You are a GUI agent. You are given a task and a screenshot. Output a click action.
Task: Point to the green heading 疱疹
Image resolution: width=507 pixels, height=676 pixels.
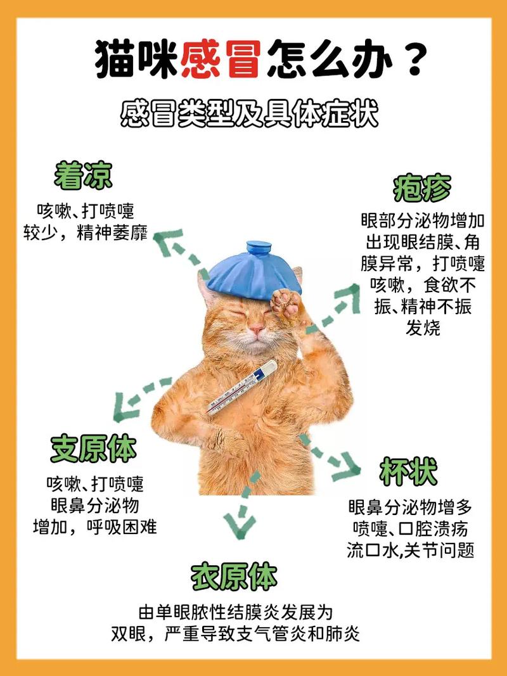[x=421, y=188]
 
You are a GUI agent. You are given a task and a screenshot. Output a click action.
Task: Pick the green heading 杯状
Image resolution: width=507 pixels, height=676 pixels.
[x=408, y=472]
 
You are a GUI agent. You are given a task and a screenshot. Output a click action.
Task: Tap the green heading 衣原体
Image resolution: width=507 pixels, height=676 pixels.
[x=234, y=577]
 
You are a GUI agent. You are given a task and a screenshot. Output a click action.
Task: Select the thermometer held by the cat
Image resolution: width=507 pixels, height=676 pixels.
[x=241, y=388]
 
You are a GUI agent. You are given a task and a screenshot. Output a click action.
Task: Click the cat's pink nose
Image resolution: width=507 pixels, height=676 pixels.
[x=256, y=329]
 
